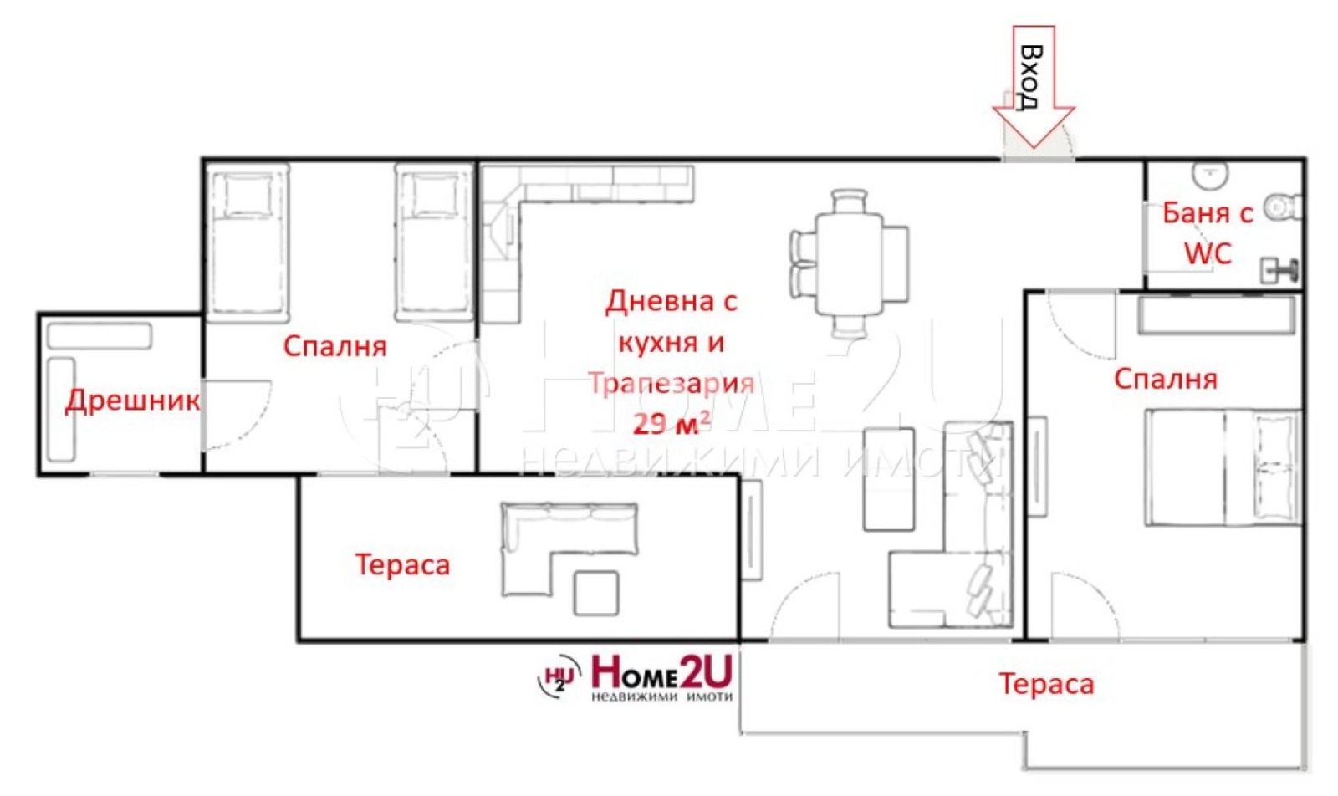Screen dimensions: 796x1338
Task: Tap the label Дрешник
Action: (133, 401)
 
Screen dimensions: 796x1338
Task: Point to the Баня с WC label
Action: (1208, 233)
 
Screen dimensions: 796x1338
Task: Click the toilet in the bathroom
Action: (1283, 206)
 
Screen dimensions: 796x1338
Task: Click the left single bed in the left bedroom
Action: (247, 242)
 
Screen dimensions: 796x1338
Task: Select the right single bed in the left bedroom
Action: (432, 242)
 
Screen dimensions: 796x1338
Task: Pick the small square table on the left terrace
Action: (596, 592)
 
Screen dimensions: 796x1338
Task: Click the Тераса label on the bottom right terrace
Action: (1046, 684)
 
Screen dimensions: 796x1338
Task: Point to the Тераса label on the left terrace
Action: (402, 564)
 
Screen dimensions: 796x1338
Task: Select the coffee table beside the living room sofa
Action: (888, 479)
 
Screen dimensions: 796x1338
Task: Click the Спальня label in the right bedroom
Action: (1165, 379)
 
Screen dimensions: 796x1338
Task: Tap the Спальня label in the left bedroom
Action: (334, 346)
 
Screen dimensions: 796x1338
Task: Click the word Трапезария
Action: (672, 383)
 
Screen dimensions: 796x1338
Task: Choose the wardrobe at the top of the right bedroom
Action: (1215, 316)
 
